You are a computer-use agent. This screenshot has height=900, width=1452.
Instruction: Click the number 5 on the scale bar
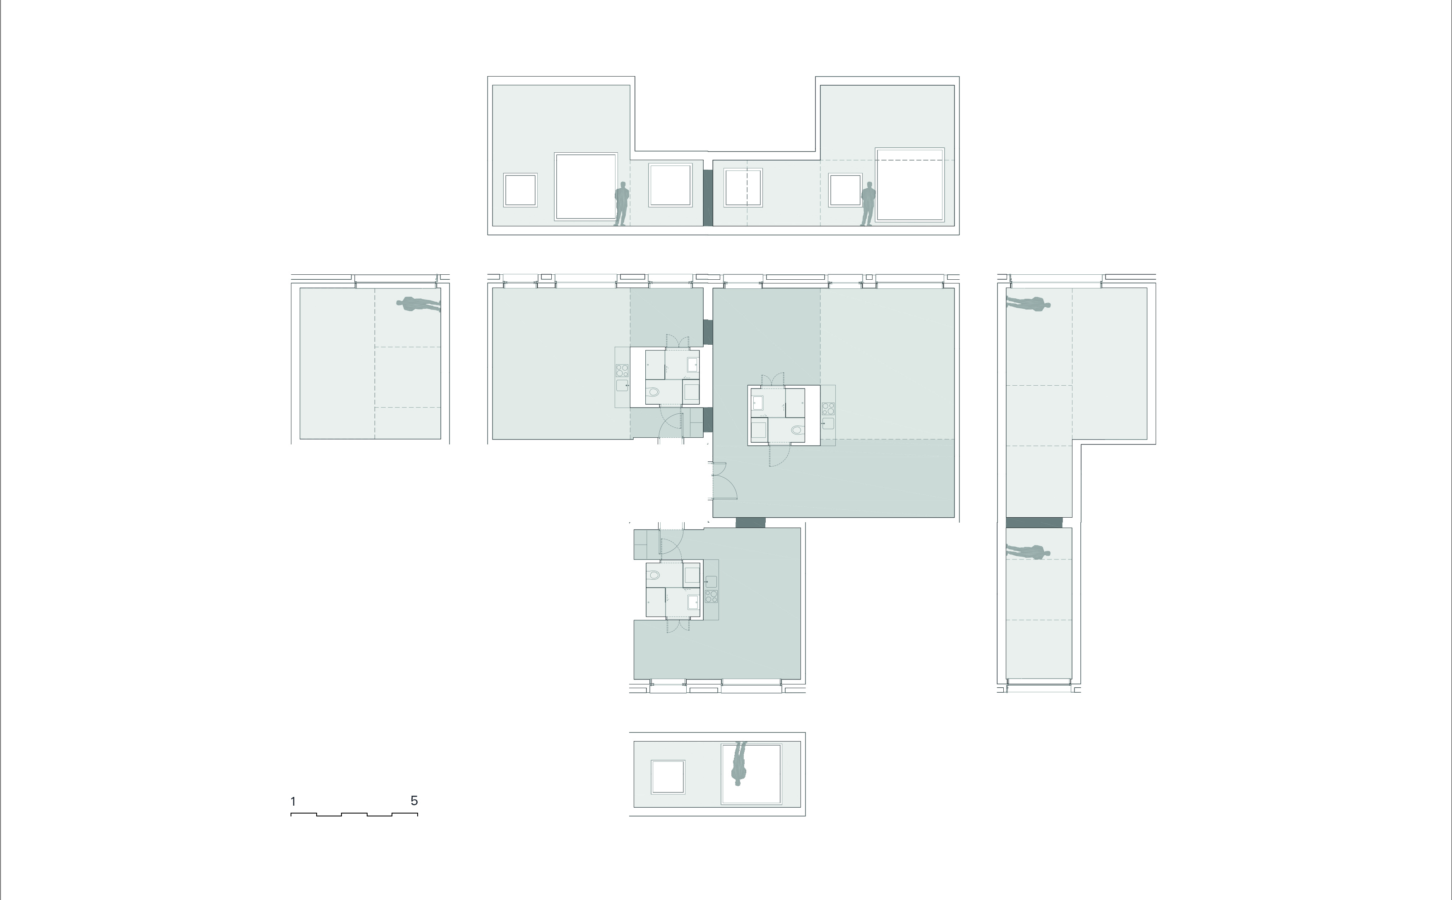(414, 801)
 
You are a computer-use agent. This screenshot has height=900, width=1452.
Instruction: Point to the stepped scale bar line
(354, 814)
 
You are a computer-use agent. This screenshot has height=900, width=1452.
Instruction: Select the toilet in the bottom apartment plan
(654, 575)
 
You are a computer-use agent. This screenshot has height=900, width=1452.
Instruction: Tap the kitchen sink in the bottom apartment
(711, 581)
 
